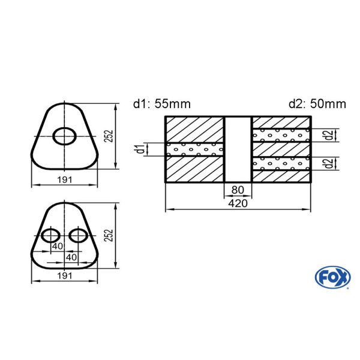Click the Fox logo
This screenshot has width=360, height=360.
(x=332, y=277)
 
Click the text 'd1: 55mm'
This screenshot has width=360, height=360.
(x=162, y=104)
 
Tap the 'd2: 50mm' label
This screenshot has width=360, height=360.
(x=317, y=104)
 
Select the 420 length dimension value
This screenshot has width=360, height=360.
(x=238, y=203)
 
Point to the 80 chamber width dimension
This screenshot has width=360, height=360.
(x=238, y=190)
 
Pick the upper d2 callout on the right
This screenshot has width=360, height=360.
(x=329, y=135)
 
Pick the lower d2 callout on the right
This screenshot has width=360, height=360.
(x=329, y=163)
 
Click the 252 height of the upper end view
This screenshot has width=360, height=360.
(x=109, y=136)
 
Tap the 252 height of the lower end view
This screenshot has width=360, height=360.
(x=109, y=235)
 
